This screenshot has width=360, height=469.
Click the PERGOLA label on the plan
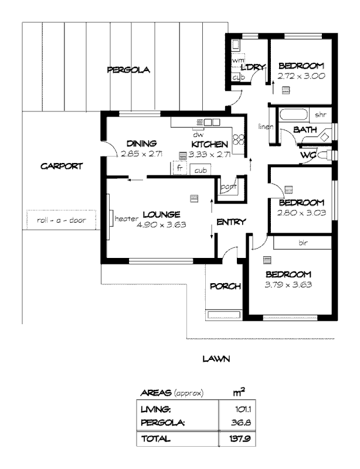128,70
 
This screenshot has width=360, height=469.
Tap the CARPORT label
62,166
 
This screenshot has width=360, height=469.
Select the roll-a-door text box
60,220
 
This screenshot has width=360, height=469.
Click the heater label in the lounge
126,218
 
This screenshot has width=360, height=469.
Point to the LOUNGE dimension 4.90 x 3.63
161,224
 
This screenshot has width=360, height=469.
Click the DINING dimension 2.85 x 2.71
141,154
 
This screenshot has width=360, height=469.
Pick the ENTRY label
231,222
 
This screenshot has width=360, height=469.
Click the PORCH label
225,286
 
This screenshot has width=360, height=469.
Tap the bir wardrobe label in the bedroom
303,242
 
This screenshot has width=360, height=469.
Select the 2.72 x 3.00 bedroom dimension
301,76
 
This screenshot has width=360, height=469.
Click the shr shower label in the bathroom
321,114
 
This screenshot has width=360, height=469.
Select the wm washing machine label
237,60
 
